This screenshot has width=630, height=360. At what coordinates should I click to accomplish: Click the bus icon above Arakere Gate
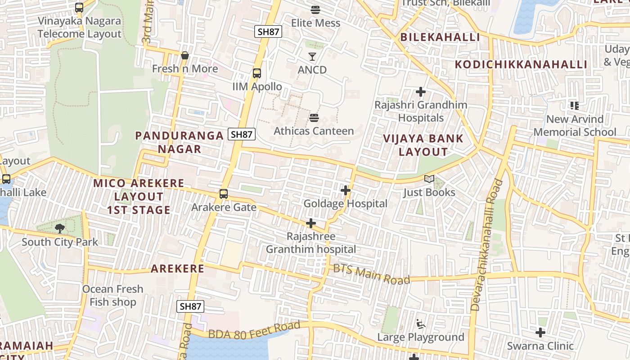(x=223, y=194)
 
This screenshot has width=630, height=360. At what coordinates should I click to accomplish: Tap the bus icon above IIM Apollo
(x=257, y=73)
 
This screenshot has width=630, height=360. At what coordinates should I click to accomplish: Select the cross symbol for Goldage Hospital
(x=346, y=191)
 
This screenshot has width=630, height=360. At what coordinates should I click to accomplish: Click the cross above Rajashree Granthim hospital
(x=310, y=223)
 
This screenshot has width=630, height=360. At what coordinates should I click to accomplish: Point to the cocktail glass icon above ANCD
(x=312, y=57)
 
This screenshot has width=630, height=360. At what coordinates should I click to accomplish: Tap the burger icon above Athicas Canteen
(x=314, y=118)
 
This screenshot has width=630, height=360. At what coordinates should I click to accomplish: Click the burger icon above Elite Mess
(x=315, y=9)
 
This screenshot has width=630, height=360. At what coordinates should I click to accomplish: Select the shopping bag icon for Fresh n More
(x=184, y=56)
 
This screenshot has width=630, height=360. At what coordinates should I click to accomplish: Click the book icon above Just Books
(x=429, y=179)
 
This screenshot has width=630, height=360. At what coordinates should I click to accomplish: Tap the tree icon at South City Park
(x=59, y=229)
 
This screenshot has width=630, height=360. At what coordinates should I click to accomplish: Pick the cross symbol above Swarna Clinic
(x=540, y=333)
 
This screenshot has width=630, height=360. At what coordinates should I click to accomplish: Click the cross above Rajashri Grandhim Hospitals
(x=421, y=92)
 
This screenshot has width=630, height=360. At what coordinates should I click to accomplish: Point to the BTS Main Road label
(x=372, y=274)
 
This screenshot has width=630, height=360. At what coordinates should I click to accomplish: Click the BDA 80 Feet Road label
(x=254, y=330)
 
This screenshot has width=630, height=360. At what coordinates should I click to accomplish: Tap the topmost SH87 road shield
(x=268, y=31)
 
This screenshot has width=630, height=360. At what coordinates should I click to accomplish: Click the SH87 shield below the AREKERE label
(x=190, y=306)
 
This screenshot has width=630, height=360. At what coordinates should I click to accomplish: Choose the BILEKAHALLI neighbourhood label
(x=440, y=37)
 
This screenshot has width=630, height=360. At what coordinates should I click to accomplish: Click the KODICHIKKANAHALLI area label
(x=521, y=64)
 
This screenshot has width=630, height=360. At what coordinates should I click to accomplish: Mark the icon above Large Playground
(x=421, y=324)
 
